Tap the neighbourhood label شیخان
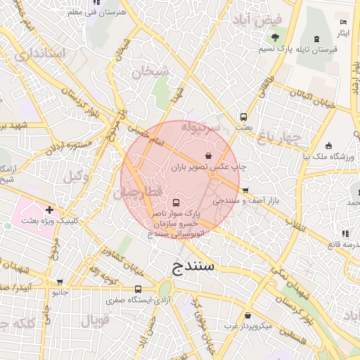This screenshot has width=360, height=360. point(146,71)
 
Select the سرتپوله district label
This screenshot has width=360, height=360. point(201,127)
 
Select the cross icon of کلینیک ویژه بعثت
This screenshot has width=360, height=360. point(49,209)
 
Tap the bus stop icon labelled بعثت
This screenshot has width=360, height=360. point(243,117)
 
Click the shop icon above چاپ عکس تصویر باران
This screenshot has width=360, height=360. point(208,155)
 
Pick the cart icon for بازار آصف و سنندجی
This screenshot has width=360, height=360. point(245,190)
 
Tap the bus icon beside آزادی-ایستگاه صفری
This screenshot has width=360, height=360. point(137,289)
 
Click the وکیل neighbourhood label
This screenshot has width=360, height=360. point(75,178)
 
